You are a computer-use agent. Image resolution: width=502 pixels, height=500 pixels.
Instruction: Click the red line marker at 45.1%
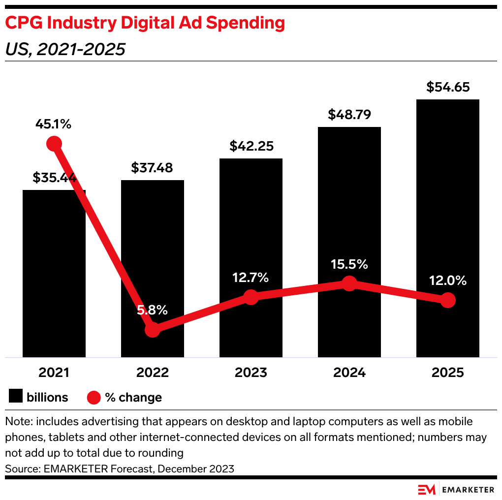(54, 144)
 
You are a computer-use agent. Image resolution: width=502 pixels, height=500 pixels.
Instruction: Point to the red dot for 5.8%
(153, 329)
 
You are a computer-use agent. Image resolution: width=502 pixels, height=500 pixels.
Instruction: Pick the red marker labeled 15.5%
(349, 283)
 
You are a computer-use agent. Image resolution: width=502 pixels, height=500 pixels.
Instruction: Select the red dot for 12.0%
(447, 300)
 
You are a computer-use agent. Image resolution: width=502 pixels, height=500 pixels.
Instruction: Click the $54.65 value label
(447, 88)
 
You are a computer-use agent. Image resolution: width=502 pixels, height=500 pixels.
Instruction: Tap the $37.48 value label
(152, 168)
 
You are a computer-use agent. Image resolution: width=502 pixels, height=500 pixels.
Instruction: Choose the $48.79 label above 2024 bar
(349, 115)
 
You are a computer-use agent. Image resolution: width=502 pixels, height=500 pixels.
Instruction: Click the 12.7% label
(251, 278)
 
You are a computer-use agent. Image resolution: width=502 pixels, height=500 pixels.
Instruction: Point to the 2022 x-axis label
(152, 373)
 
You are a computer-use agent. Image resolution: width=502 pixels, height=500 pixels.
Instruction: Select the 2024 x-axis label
(349, 373)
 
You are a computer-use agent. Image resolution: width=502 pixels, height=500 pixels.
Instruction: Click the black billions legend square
(16, 397)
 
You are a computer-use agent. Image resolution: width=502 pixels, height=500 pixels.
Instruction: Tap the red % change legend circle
(94, 397)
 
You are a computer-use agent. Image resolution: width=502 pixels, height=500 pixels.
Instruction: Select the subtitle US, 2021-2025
(65, 49)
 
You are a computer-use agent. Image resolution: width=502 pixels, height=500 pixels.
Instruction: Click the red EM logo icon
(427, 489)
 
